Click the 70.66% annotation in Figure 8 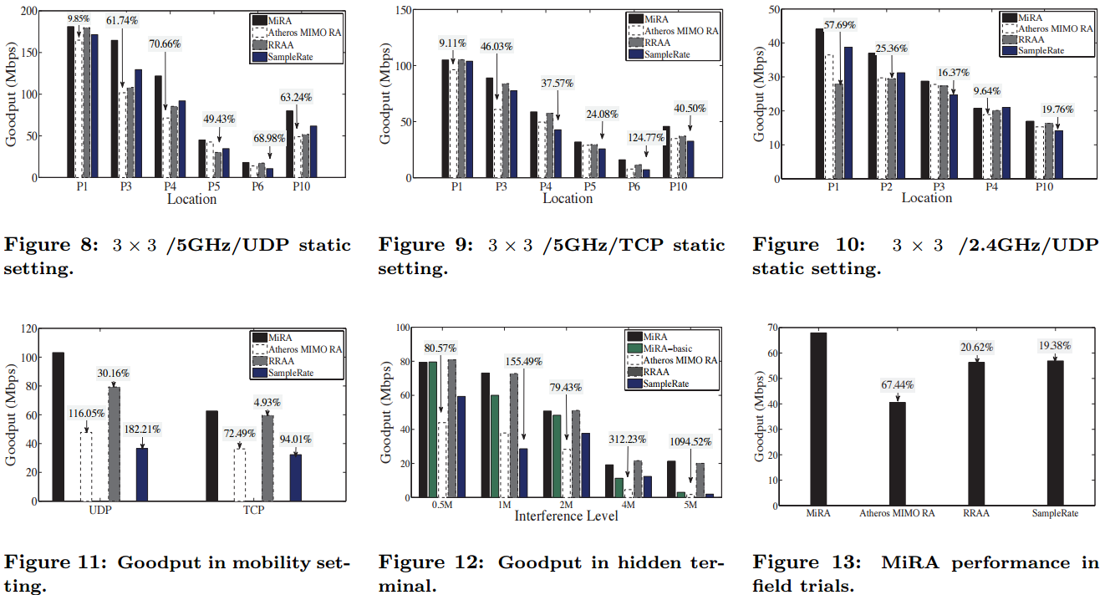[165, 43]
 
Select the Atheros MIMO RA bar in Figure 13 [897, 454]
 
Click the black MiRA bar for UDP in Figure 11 [59, 426]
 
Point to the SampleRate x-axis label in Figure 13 [1056, 513]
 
